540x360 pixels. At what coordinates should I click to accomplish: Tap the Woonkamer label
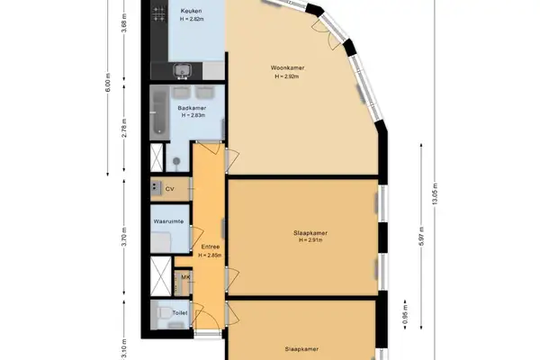click(x=285, y=68)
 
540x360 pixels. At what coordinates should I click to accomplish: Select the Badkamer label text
click(x=192, y=107)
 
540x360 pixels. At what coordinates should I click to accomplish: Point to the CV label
click(x=169, y=189)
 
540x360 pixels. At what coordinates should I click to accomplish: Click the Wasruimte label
click(x=169, y=220)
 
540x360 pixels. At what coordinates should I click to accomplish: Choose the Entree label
click(x=211, y=247)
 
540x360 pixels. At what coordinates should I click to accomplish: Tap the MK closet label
click(x=184, y=277)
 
